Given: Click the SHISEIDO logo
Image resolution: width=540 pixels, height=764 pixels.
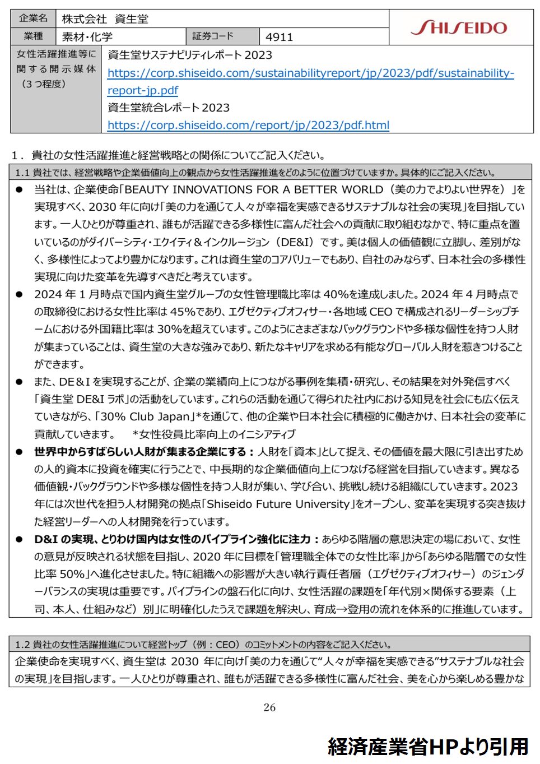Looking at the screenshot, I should [x=459, y=27].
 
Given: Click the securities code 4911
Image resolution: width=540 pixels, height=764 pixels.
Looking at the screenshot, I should [x=279, y=37].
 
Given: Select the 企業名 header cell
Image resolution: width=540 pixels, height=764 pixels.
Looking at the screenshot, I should [x=33, y=18].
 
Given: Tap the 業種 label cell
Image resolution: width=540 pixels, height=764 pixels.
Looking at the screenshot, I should [x=33, y=36].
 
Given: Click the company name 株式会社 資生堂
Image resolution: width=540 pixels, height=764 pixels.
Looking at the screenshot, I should [x=105, y=19].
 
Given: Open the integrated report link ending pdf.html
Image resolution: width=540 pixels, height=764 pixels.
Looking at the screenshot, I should [x=248, y=125].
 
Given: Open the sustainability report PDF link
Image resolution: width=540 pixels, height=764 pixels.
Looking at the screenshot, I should [x=310, y=73].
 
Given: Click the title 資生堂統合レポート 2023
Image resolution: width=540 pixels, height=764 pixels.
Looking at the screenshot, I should [x=168, y=108].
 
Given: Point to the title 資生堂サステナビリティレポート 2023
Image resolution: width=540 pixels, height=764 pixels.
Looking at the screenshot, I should [x=189, y=55].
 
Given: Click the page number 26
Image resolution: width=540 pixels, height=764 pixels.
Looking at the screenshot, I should [x=269, y=707].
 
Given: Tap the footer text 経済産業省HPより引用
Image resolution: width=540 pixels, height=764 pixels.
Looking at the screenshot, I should [x=428, y=747].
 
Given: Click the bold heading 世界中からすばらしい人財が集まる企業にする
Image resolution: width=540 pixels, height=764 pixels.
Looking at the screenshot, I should [x=140, y=452].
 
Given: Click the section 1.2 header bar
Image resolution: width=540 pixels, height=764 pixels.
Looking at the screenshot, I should [x=269, y=644].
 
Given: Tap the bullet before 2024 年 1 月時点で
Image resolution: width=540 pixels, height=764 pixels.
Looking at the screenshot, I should [x=19, y=294].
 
